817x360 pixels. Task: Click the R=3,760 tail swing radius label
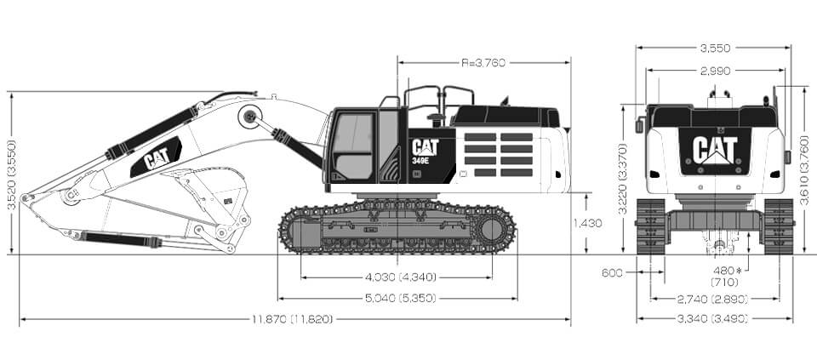(x=483, y=63)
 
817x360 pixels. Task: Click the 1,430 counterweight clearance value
(x=588, y=224)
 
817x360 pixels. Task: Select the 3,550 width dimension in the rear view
(x=715, y=49)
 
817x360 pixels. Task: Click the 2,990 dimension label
(x=716, y=71)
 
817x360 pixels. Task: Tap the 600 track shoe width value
(x=612, y=272)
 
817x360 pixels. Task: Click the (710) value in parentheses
(x=725, y=283)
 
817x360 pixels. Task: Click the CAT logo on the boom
(x=157, y=157)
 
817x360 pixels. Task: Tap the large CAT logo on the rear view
(x=715, y=150)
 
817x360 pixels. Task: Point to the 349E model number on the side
(x=420, y=161)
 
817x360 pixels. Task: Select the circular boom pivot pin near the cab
(x=250, y=117)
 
